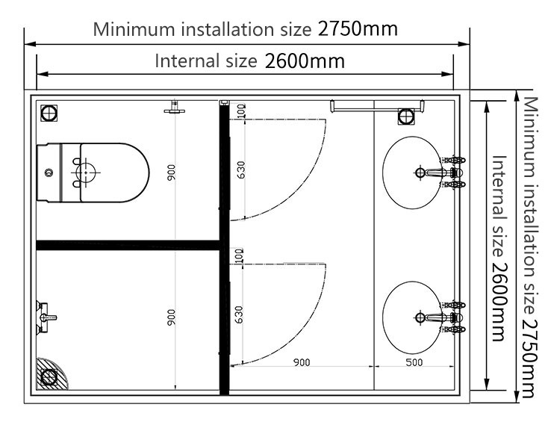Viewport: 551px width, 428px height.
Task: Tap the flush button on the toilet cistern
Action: (49, 173)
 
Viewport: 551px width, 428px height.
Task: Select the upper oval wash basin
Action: (412, 173)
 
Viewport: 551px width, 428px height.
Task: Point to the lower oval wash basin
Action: (412, 317)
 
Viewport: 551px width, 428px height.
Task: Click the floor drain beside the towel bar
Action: (407, 117)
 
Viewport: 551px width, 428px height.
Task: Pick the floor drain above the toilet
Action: (49, 114)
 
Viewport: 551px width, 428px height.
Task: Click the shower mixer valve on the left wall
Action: (44, 317)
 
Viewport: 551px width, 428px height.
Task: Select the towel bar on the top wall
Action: (377, 105)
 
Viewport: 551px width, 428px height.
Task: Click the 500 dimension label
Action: (414, 362)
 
